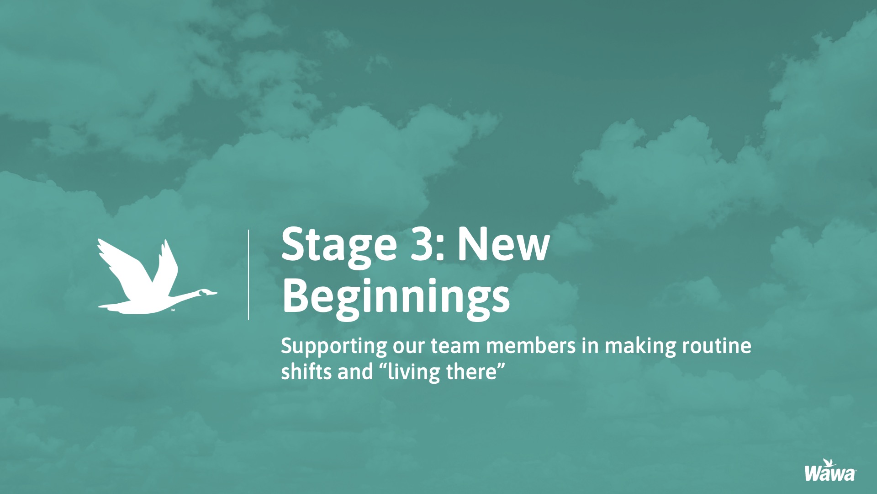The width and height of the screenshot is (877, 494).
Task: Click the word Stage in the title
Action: pos(339,246)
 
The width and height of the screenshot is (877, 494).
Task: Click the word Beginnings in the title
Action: pos(396,297)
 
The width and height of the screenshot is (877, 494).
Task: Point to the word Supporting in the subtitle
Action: pos(334,347)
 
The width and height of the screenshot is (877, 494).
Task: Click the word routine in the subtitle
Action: pos(717,346)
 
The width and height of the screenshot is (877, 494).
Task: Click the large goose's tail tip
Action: pos(99,306)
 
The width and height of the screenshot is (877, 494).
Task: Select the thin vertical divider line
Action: pos(248,274)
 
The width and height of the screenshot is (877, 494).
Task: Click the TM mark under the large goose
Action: pos(173,311)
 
